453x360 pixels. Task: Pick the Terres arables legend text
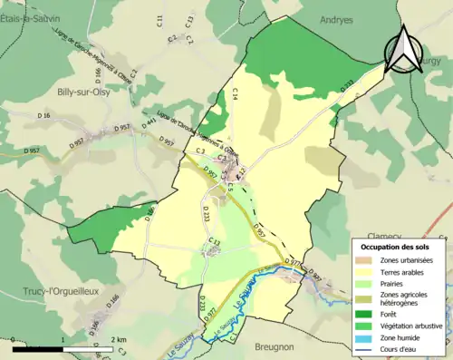coord(404,271)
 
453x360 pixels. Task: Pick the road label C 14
coord(234,92)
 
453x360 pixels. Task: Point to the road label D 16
coord(43,116)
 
